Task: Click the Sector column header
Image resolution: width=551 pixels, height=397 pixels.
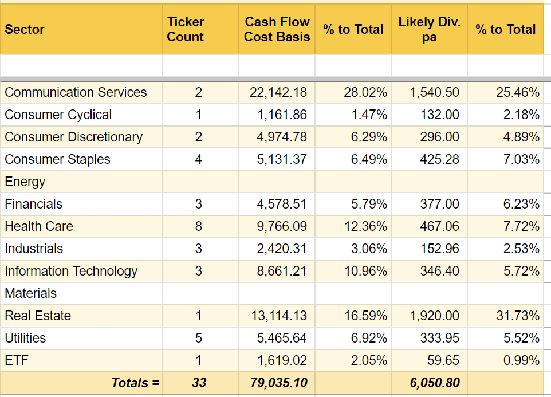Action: click(x=25, y=30)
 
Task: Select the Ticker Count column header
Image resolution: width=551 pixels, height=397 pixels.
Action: click(x=186, y=30)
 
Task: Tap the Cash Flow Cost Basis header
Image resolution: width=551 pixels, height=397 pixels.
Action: click(x=277, y=30)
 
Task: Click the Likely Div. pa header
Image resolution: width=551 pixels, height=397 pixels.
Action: click(x=429, y=30)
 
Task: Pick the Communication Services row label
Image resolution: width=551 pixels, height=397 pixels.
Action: click(x=76, y=92)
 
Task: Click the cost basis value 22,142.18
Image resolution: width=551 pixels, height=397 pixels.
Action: click(x=278, y=92)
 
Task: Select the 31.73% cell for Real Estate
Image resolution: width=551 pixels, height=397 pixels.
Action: click(x=518, y=316)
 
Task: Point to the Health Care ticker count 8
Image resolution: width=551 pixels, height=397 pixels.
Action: click(x=199, y=226)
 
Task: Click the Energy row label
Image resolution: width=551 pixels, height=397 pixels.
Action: click(x=25, y=182)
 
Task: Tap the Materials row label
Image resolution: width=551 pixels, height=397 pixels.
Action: click(x=31, y=293)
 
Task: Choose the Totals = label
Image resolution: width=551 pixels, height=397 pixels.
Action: click(x=135, y=383)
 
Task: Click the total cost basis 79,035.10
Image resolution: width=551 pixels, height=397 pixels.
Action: click(x=278, y=383)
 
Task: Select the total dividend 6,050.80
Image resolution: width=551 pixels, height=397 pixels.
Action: click(x=434, y=383)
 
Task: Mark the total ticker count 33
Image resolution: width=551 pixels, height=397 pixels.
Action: click(x=199, y=383)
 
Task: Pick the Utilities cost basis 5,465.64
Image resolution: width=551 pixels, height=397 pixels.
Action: click(x=282, y=338)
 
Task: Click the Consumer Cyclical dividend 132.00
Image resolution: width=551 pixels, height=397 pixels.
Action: click(x=439, y=115)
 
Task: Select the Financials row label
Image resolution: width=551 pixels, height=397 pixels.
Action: click(x=34, y=204)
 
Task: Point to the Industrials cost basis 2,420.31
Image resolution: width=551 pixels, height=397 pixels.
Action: click(x=282, y=249)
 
